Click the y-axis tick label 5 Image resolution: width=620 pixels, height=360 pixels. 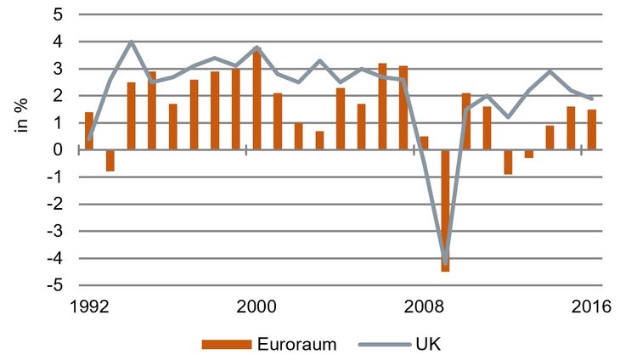click(x=58, y=14)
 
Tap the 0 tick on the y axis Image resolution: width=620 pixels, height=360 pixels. click(x=58, y=150)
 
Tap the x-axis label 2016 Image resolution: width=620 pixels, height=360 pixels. click(x=591, y=307)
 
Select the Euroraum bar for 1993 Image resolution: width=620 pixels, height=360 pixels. click(x=110, y=160)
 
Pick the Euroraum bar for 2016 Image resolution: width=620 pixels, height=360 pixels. click(x=591, y=129)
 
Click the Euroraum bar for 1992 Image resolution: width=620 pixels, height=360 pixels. click(x=89, y=131)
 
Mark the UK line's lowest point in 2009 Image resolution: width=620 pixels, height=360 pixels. click(x=445, y=263)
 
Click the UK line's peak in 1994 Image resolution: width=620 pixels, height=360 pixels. click(x=132, y=42)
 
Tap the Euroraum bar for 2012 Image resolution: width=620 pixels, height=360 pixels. click(x=508, y=162)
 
